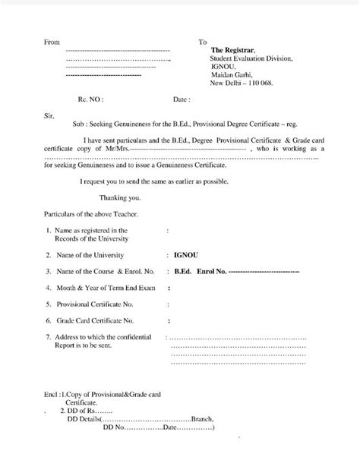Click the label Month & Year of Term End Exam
pyautogui.click(x=100, y=288)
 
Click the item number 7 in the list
pyautogui.click(x=48, y=336)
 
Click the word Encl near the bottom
pyautogui.click(x=50, y=396)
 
